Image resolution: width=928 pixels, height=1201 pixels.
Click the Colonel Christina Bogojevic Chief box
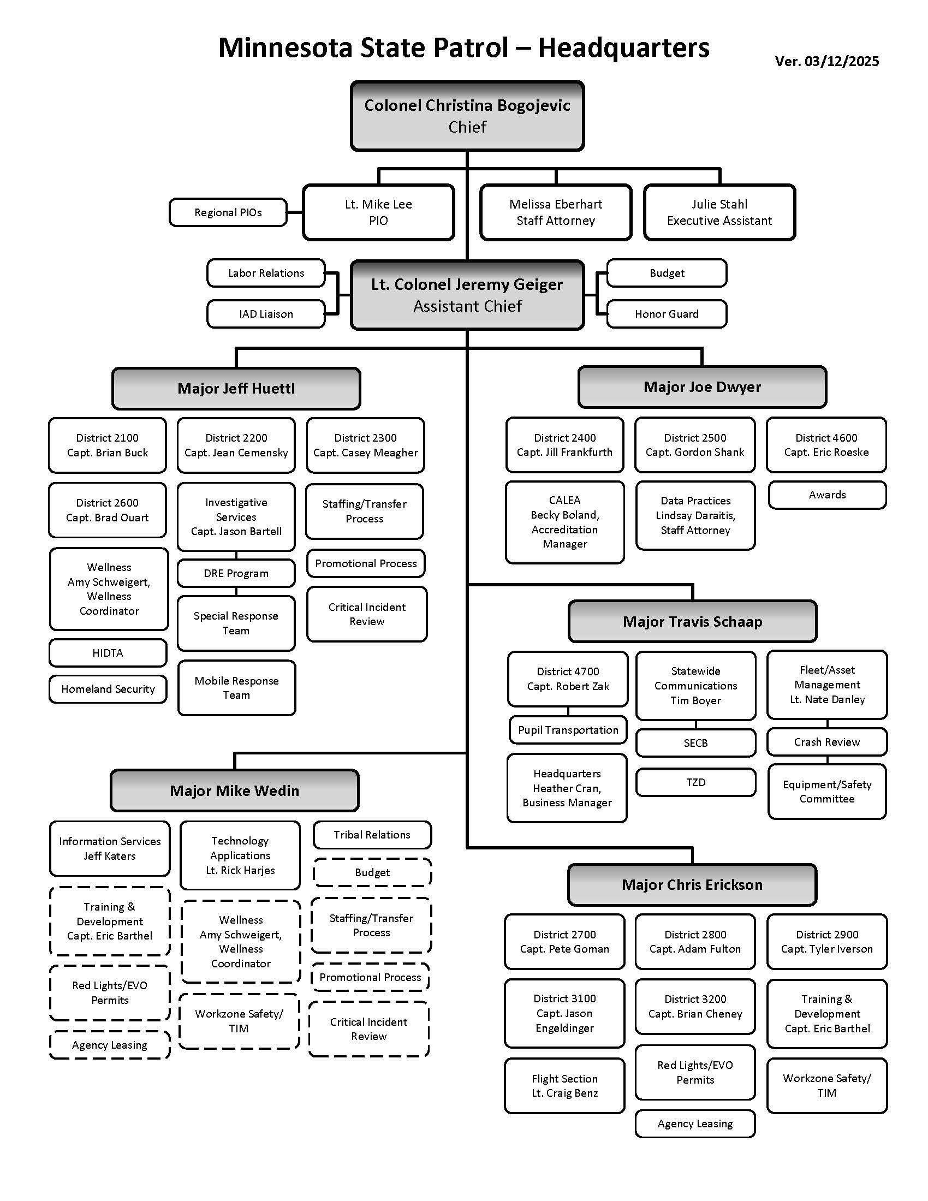click(x=467, y=116)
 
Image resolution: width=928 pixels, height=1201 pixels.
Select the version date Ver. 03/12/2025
click(x=826, y=61)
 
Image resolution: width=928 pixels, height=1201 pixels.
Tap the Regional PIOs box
click(x=228, y=212)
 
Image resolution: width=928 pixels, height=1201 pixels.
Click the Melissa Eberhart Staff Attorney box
click(x=555, y=212)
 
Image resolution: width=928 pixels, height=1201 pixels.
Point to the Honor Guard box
click(x=667, y=314)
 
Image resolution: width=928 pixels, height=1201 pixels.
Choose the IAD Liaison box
click(x=265, y=314)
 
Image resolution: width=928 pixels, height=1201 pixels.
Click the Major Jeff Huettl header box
click(x=236, y=389)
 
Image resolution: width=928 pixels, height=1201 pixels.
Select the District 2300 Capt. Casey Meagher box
click(x=365, y=445)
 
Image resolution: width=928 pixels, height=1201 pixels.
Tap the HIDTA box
click(x=107, y=653)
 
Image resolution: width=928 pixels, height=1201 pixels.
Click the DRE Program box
click(x=236, y=573)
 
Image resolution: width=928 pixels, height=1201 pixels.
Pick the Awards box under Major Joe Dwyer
click(x=827, y=495)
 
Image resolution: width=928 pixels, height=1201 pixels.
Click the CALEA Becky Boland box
click(x=564, y=522)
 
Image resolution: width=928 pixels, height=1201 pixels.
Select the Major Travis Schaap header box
click(x=692, y=621)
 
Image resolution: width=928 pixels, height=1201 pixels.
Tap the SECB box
click(x=695, y=743)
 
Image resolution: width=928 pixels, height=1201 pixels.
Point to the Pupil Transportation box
click(x=568, y=730)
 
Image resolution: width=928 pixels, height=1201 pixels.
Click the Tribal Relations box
click(x=372, y=835)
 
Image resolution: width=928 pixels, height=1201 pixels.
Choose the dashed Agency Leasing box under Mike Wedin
click(x=109, y=1045)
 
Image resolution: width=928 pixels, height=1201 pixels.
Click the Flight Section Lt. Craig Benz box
click(x=564, y=1086)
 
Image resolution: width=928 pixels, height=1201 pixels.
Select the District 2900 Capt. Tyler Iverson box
click(x=826, y=942)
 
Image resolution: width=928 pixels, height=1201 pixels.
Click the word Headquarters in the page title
click(x=623, y=48)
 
